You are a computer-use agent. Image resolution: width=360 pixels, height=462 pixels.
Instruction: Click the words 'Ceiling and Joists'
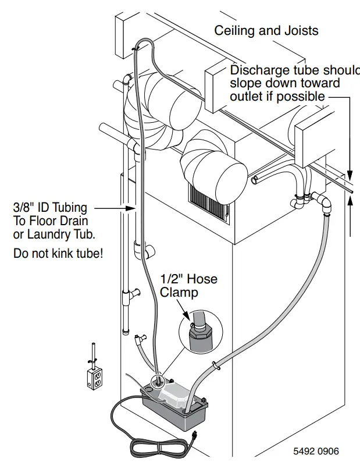(x=266, y=30)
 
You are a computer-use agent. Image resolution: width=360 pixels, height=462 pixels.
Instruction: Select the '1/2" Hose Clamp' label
(x=188, y=286)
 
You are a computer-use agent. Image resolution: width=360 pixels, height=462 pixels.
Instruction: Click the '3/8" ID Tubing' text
(x=50, y=207)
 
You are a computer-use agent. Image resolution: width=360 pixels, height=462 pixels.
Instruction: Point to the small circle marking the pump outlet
(x=158, y=381)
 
